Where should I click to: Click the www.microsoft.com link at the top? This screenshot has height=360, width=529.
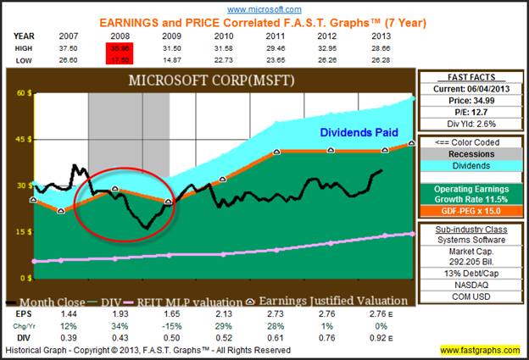pyautogui.click(x=264, y=8)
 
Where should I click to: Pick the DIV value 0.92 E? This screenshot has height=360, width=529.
pyautogui.click(x=385, y=337)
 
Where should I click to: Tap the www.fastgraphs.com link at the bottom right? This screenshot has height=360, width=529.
pyautogui.click(x=481, y=350)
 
